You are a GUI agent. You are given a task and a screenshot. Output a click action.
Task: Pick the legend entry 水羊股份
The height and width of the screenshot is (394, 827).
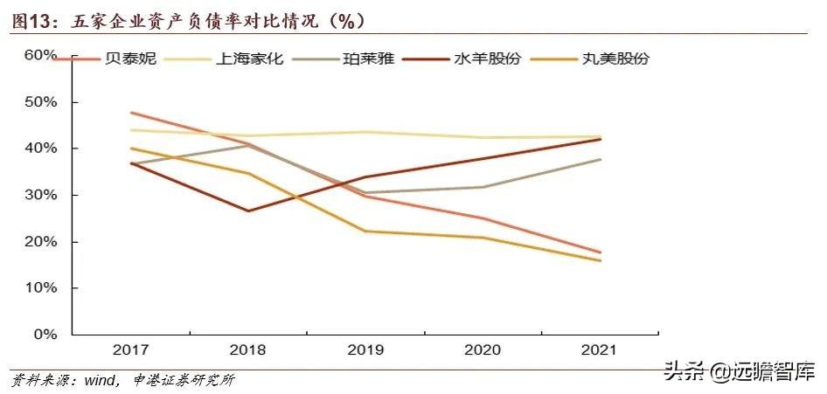click(487, 59)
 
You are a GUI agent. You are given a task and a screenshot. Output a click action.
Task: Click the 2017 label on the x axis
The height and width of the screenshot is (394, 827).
click(130, 350)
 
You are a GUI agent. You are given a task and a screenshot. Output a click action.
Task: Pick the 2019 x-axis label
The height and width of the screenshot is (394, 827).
click(365, 350)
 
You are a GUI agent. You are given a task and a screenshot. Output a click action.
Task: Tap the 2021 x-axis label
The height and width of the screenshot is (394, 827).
click(599, 350)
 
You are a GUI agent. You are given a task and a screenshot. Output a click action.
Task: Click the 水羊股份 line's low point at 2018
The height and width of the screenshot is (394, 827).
click(248, 211)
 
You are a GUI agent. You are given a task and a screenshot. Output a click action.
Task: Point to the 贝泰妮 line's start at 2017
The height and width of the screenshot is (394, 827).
click(130, 113)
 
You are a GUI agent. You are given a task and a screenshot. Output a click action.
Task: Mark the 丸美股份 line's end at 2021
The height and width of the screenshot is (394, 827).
click(600, 260)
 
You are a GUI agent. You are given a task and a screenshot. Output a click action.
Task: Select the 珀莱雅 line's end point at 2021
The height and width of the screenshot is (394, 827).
click(600, 159)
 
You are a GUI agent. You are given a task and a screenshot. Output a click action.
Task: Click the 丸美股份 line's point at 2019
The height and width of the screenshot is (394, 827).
click(365, 232)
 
